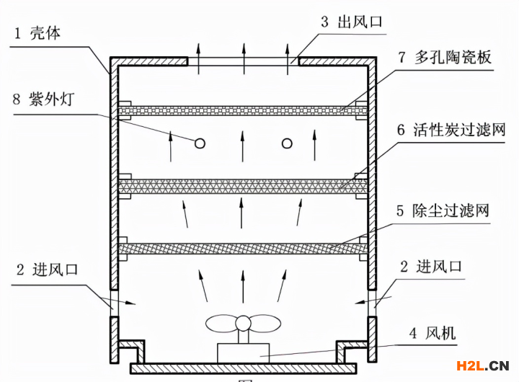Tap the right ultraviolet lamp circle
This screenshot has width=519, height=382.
(287, 143)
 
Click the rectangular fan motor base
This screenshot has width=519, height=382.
(243, 352)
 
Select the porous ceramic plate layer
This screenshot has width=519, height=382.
(243, 110)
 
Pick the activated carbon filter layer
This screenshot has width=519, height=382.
(243, 185)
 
